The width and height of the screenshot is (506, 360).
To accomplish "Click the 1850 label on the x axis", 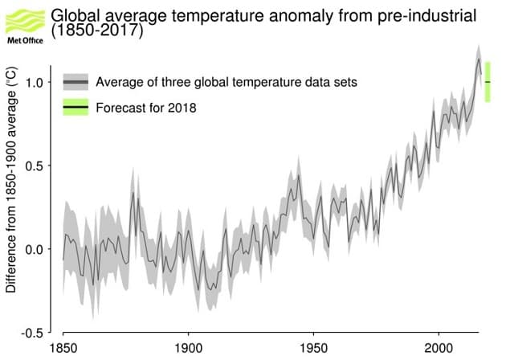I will (x=63, y=349).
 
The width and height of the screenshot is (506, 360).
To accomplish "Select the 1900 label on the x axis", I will (x=188, y=349).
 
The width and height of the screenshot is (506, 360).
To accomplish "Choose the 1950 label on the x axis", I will (x=313, y=349).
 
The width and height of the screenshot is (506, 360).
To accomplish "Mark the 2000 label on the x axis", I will (x=439, y=349).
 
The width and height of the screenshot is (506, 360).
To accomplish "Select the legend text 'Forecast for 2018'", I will (x=145, y=107).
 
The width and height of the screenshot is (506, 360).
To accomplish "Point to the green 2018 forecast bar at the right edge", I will (x=488, y=82).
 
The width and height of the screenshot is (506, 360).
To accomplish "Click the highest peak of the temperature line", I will (x=479, y=59).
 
